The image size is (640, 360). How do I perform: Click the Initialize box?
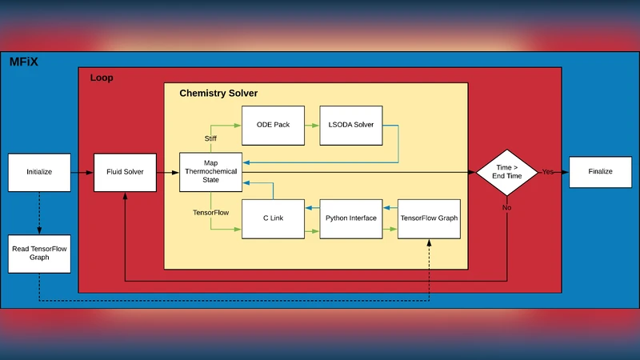pos(39,172)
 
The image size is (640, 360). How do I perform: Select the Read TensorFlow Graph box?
pos(39,253)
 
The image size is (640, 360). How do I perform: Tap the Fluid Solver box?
pos(125,172)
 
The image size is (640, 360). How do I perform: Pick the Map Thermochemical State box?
pos(210,172)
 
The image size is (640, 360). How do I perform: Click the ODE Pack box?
pos(273,125)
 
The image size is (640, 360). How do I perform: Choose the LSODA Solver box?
pos(351,125)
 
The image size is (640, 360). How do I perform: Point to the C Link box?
pos(273,218)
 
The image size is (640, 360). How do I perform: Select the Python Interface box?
pos(351,218)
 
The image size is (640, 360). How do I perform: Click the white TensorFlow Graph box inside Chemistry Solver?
pos(430,218)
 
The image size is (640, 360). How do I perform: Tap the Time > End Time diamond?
pos(507,172)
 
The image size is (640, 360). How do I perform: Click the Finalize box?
pos(600,172)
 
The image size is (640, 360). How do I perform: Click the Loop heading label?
pos(102,78)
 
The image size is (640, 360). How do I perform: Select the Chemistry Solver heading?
pos(218,94)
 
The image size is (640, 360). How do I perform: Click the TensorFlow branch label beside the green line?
pos(212,213)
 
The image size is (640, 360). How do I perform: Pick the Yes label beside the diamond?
pos(548,172)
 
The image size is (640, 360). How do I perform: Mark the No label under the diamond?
pos(507,207)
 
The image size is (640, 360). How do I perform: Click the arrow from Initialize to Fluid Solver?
pos(82,172)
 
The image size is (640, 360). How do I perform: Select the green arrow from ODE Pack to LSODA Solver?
pos(312,125)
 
